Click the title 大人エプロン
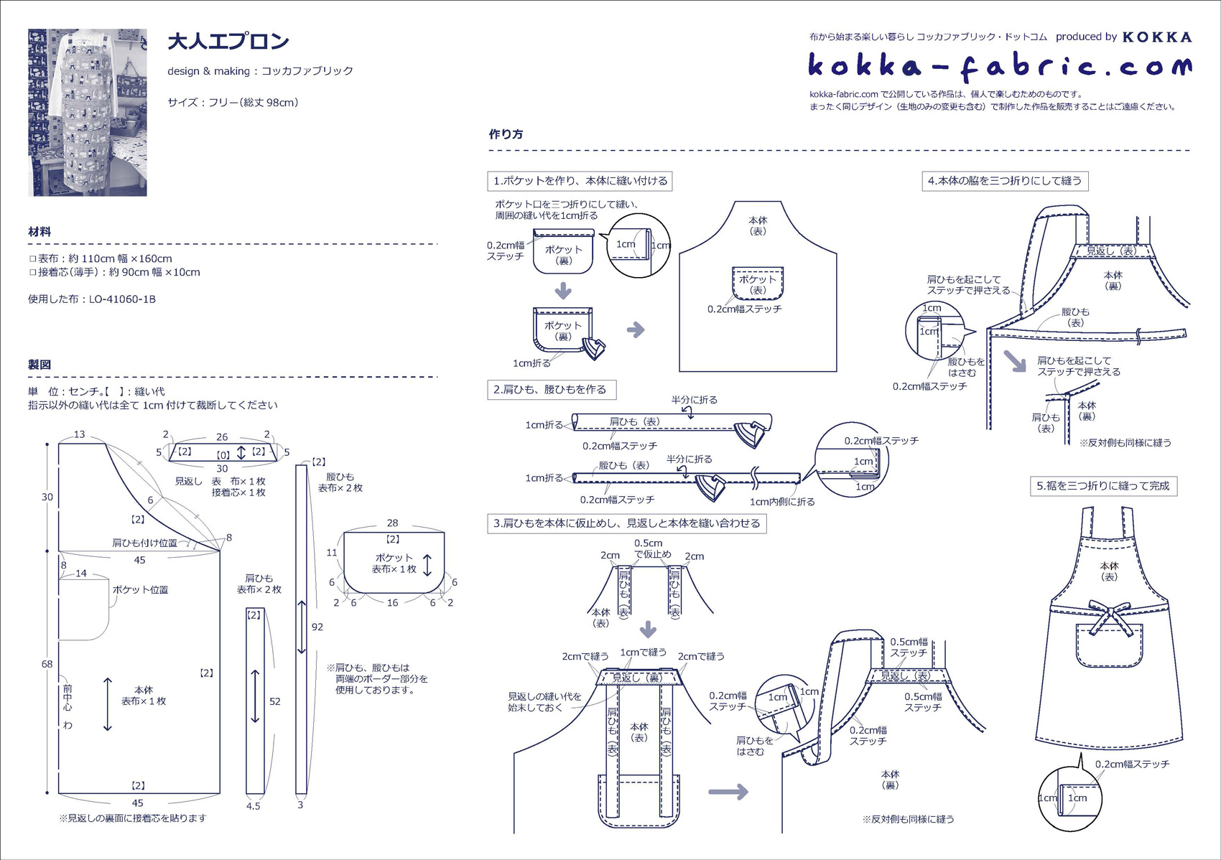(228, 42)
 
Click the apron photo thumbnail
(87, 112)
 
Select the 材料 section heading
(40, 231)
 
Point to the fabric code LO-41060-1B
(122, 299)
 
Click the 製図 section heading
(40, 365)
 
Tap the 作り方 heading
(506, 134)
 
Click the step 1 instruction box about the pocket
(580, 181)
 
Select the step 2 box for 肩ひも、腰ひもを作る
(552, 389)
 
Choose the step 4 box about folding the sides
(1005, 181)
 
